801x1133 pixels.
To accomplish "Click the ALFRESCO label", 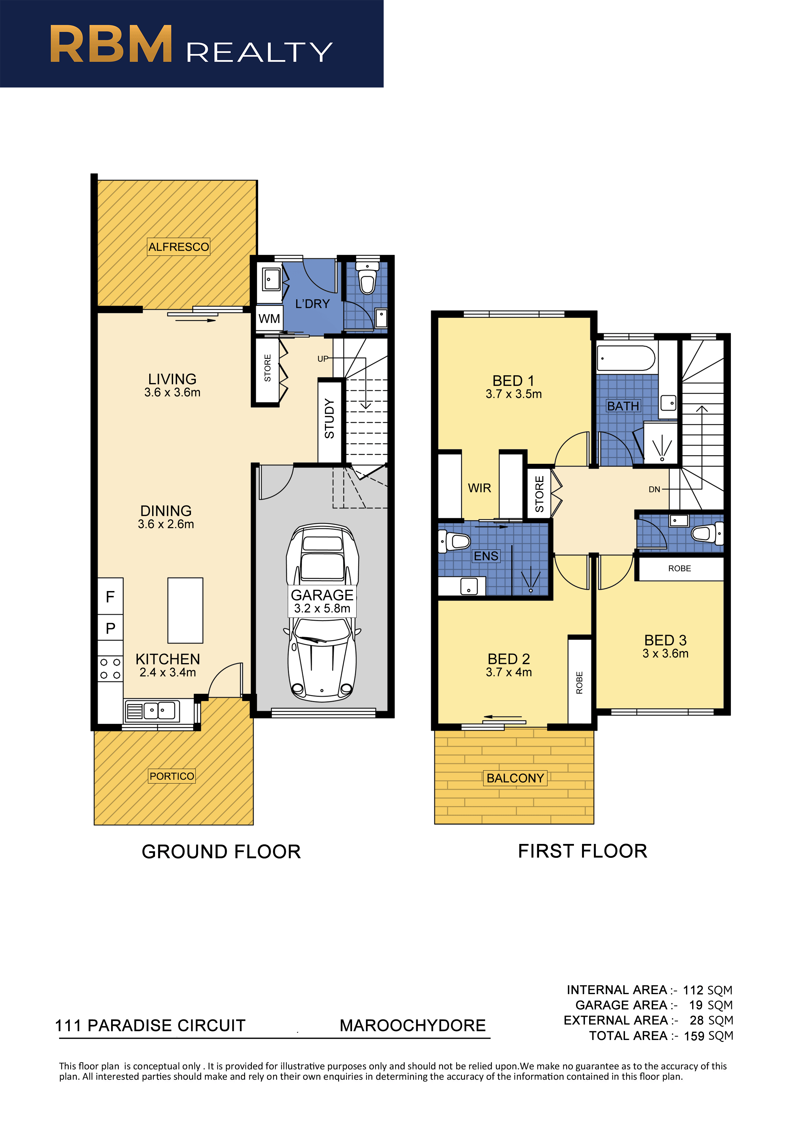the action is (179, 247).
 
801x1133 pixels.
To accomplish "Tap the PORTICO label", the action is (172, 776).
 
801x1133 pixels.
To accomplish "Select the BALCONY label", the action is (515, 778).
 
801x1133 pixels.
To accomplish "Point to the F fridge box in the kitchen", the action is (110, 596).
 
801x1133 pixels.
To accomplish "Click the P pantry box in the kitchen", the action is (110, 628).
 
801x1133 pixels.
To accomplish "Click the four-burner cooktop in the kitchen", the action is (110, 669).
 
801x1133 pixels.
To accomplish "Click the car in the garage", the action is (323, 612).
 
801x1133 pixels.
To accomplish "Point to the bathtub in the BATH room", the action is (626, 358).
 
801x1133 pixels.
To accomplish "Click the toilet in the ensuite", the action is (454, 541).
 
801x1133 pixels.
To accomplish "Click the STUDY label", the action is (329, 419).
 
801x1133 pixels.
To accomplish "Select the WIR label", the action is (479, 488).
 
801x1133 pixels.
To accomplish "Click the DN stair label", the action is (654, 490).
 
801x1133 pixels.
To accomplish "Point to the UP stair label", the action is (322, 359).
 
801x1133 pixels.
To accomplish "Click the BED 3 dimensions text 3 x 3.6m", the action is (665, 653).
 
